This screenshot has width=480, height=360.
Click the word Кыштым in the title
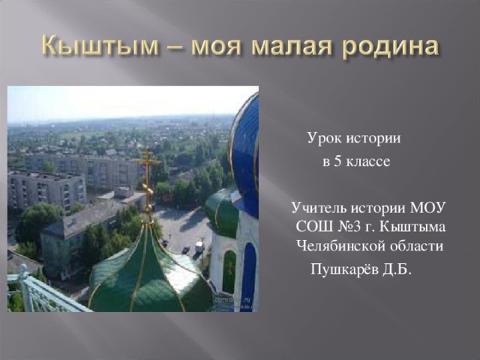100,46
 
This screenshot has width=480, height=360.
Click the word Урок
325,138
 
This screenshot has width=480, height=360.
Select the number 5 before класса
337,161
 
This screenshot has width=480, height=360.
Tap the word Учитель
319,208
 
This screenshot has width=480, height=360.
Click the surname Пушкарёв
344,270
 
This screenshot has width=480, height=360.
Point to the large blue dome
245,152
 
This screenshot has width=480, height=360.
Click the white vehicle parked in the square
199,247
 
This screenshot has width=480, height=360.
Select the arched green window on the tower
229,271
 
